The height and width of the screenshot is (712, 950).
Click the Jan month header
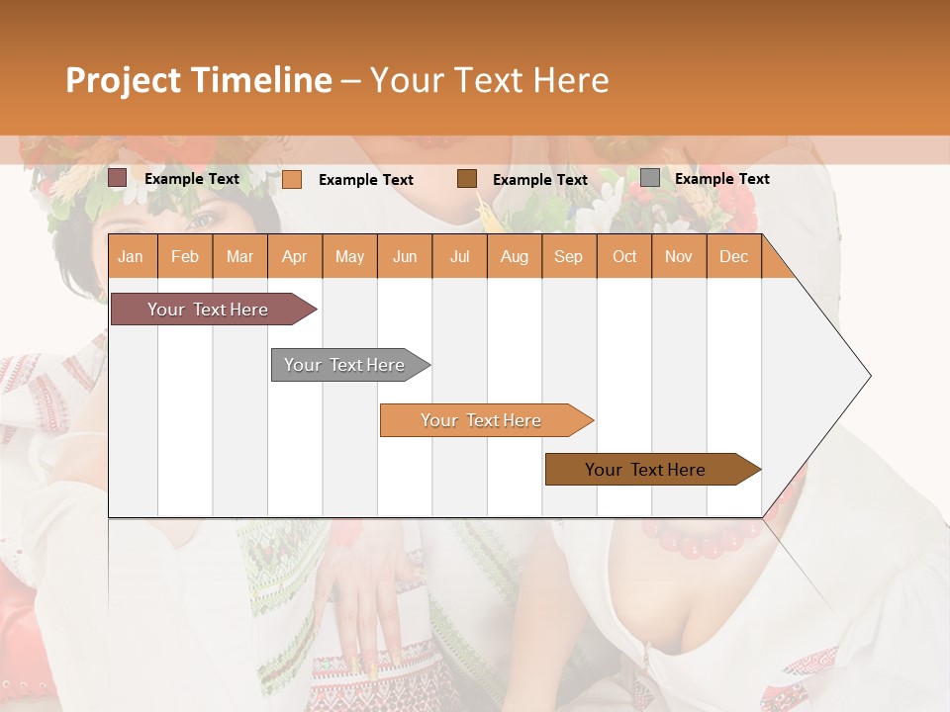pyautogui.click(x=131, y=256)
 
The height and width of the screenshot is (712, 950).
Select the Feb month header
pyautogui.click(x=185, y=256)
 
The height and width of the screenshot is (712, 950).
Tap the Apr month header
pyautogui.click(x=294, y=256)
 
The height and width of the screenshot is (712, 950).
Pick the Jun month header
pyautogui.click(x=405, y=256)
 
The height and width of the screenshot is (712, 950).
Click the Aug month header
pyautogui.click(x=514, y=256)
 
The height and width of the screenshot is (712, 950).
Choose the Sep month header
pyautogui.click(x=568, y=256)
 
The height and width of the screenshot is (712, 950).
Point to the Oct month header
pyautogui.click(x=624, y=256)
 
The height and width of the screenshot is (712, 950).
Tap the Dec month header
pyautogui.click(x=733, y=256)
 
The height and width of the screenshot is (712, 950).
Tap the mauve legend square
pyautogui.click(x=118, y=178)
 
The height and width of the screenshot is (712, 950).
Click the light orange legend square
pyautogui.click(x=292, y=179)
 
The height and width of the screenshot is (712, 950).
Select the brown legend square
pyautogui.click(x=467, y=178)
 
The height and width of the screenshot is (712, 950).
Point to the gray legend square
pyautogui.click(x=650, y=177)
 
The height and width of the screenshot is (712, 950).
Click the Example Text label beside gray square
pyautogui.click(x=721, y=178)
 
